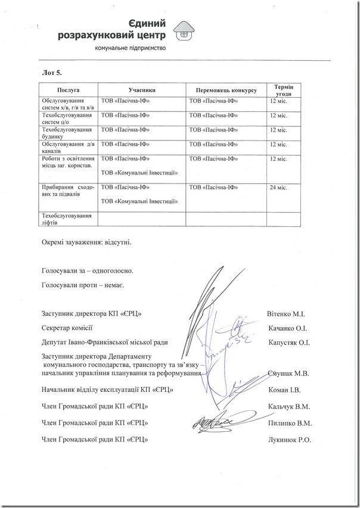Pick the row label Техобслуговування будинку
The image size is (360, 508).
(66, 133)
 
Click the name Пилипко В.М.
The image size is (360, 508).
(291, 423)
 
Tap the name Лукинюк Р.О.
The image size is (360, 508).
(290, 440)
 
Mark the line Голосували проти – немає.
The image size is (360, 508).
(83, 286)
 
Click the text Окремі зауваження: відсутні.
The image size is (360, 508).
(86, 244)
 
